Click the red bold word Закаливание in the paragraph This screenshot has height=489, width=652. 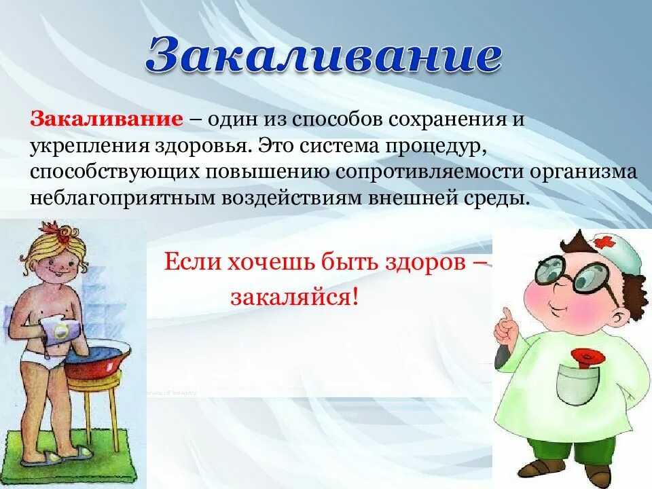(105, 120)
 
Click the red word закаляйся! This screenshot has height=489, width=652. (293, 297)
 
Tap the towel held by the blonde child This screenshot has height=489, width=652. (60, 331)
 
